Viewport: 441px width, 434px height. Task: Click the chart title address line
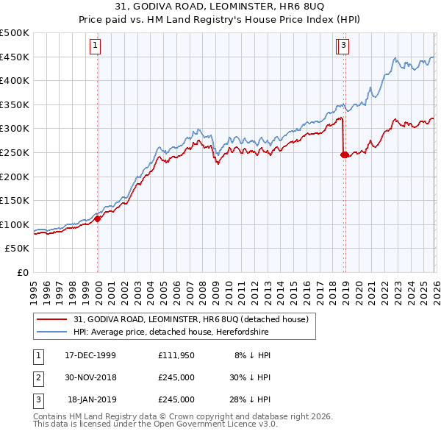pos(221,7)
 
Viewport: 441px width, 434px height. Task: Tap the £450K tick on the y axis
pos(15,57)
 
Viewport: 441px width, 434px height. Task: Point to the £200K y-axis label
pos(15,177)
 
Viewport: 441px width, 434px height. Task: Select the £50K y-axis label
pos(18,249)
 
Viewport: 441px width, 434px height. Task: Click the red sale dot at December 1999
pos(98,218)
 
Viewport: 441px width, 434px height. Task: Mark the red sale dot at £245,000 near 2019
pos(344,154)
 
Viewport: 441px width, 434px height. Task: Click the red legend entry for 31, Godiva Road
pos(195,319)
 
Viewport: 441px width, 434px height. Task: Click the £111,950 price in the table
pos(176,355)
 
